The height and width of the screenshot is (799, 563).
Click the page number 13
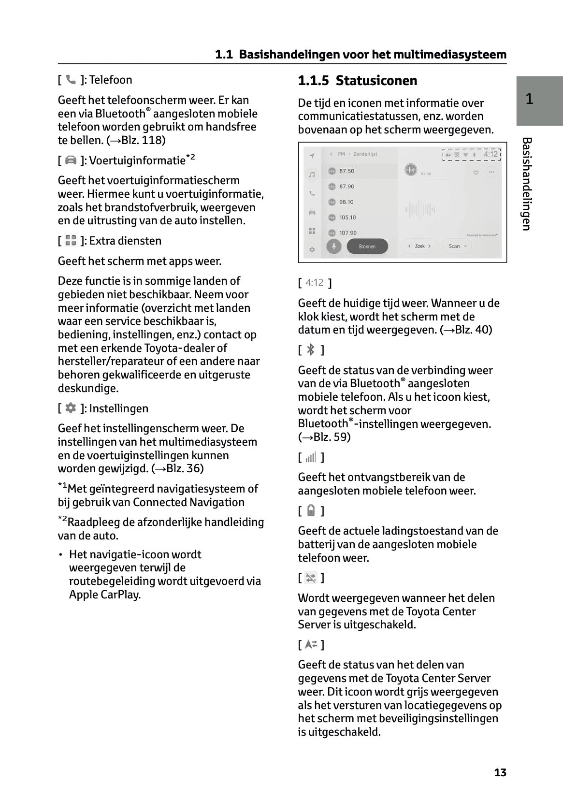[500, 772]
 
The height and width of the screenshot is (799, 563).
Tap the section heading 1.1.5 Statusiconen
[357, 81]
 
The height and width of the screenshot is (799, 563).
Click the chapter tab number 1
[530, 99]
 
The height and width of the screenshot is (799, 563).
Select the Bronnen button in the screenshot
[367, 247]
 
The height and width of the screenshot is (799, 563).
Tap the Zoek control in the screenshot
[419, 246]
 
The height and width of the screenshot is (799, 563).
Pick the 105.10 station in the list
[347, 218]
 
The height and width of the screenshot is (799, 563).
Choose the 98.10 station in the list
[346, 202]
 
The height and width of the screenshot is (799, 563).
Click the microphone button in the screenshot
[333, 247]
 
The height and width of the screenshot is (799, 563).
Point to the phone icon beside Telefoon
[71, 80]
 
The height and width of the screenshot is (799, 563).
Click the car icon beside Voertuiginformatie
[71, 160]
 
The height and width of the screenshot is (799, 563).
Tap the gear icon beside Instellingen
[71, 408]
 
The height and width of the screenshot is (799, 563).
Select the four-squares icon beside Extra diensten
[71, 241]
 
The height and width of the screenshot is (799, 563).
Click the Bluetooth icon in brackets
[311, 350]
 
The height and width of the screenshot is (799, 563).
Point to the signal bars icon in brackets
[311, 457]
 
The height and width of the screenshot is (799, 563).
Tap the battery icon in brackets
[311, 511]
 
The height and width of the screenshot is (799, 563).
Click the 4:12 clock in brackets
[315, 283]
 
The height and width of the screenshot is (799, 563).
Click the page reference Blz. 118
[144, 141]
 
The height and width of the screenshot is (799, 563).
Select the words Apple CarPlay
[104, 595]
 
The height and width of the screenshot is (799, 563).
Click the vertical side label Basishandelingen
[527, 184]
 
